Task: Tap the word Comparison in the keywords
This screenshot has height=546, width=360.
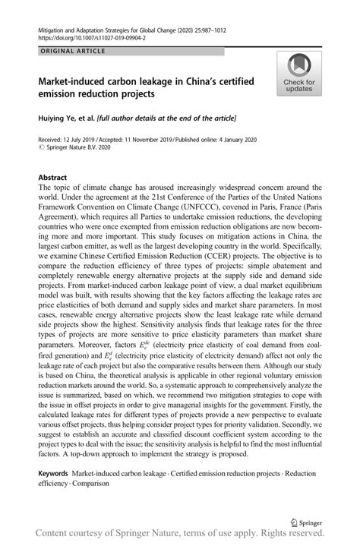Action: (89, 482)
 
